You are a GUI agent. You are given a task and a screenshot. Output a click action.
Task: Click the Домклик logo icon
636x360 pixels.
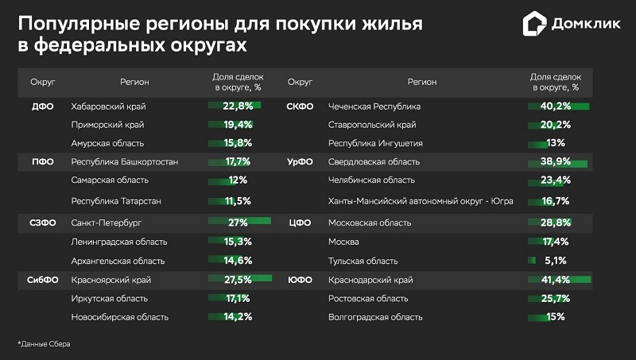(x=535, y=24)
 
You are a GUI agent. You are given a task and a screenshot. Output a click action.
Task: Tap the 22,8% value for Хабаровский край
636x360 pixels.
(x=238, y=106)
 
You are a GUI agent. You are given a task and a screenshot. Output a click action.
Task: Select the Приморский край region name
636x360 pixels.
(x=108, y=125)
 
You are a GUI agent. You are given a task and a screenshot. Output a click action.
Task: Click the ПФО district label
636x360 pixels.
(x=43, y=162)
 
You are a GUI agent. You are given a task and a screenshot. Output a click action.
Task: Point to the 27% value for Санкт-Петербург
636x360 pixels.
(x=238, y=223)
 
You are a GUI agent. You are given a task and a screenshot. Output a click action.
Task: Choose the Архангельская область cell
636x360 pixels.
(x=118, y=261)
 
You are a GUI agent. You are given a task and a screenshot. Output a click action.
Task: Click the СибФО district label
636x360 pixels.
(x=43, y=280)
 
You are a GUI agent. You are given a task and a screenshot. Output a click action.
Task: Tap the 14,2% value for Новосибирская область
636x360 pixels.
(x=238, y=317)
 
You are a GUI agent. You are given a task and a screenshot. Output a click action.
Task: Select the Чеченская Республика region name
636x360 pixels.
(x=374, y=106)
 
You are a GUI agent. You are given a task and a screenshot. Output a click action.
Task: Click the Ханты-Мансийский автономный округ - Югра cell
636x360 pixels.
(x=421, y=202)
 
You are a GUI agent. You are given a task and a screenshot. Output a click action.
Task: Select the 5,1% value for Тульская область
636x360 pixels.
(x=555, y=261)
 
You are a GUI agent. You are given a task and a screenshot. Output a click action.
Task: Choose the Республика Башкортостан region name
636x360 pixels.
(x=124, y=162)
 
